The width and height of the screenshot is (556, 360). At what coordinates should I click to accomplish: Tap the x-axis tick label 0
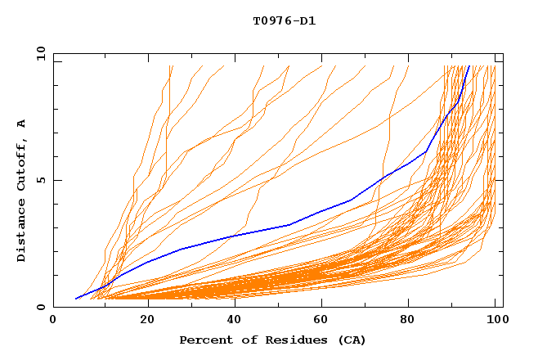coord(53,322)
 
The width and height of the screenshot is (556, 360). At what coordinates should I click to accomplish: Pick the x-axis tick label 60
coord(321,322)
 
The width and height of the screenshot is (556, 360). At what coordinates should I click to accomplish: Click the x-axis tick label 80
coord(409,322)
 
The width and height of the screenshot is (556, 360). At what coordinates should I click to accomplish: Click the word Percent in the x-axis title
coord(204,340)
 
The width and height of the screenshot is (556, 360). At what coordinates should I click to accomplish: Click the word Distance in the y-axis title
coord(22,232)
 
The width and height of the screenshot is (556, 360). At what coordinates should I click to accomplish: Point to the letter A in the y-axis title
coord(22,124)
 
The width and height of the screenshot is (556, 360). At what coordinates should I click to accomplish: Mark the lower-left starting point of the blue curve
coord(75,299)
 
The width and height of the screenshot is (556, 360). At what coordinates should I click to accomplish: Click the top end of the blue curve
coord(469,66)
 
